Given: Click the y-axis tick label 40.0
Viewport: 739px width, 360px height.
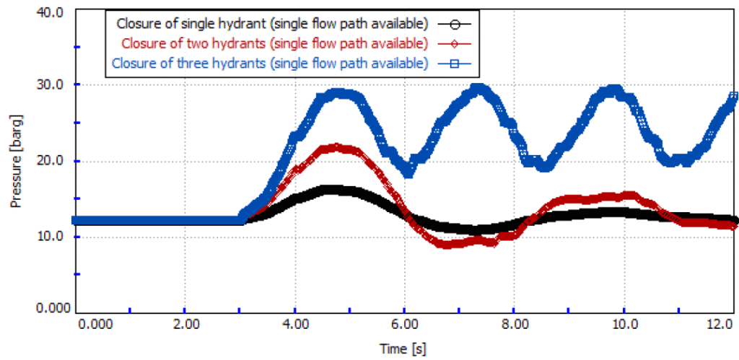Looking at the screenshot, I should pyautogui.click(x=49, y=12).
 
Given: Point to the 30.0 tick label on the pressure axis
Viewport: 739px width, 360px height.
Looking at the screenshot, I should pyautogui.click(x=49, y=84).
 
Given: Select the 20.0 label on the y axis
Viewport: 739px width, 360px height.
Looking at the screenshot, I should pyautogui.click(x=49, y=161).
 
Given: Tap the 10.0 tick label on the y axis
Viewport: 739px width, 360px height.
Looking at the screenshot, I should pyautogui.click(x=49, y=237).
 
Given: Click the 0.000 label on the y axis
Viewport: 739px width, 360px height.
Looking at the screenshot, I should pyautogui.click(x=47, y=309).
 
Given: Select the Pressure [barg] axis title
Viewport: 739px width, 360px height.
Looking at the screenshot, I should pyautogui.click(x=15, y=162).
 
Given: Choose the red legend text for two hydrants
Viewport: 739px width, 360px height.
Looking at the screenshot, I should pyautogui.click(x=275, y=43).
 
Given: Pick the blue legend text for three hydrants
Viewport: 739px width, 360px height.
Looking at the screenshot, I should pyautogui.click(x=270, y=63).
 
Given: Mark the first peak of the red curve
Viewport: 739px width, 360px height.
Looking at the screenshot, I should pyautogui.click(x=336, y=148).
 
